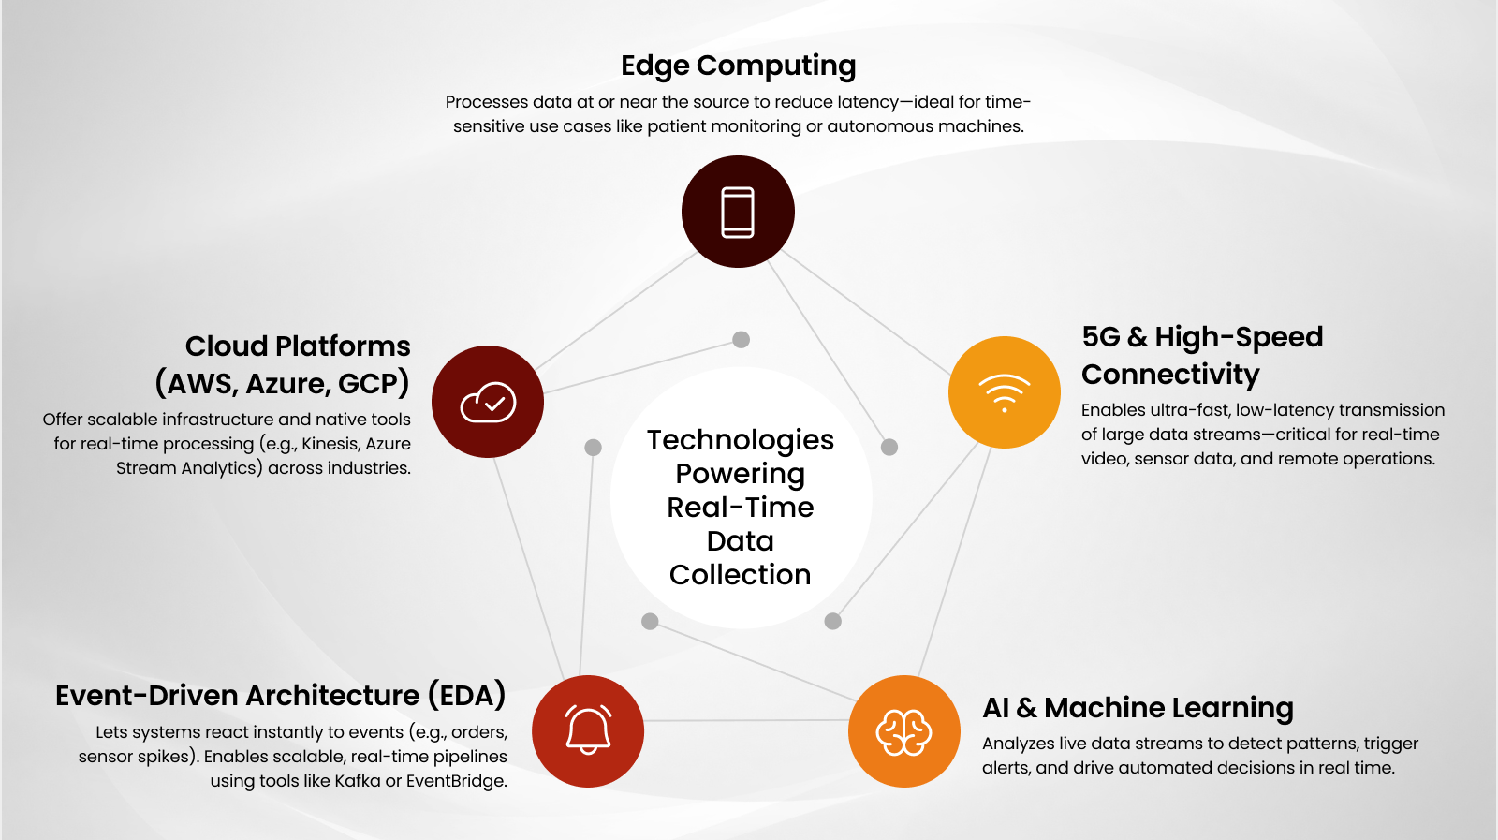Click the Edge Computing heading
738,66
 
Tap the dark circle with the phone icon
738,212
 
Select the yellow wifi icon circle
1004,392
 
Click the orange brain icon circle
903,731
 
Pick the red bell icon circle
588,731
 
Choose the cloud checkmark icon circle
488,402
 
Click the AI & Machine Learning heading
1138,708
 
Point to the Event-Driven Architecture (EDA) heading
280,696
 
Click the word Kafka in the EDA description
358,781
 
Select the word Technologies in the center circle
740,440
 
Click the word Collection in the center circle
740,575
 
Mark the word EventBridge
456,781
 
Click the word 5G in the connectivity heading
1101,337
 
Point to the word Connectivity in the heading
1170,375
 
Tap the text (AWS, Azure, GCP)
282,384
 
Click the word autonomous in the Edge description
877,126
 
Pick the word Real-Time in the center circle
740,508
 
